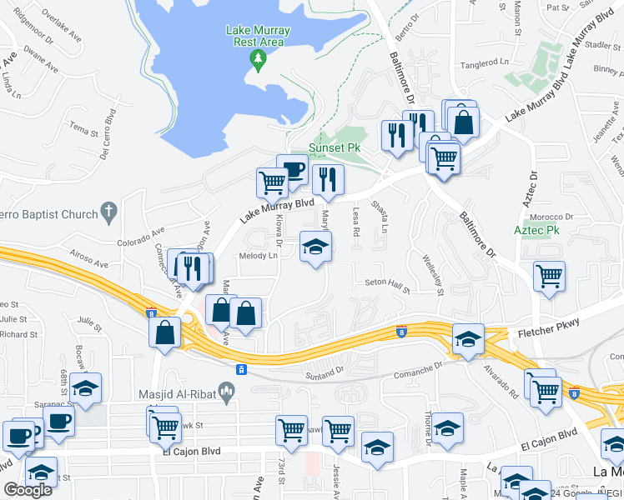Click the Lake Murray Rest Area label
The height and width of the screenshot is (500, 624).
point(258,37)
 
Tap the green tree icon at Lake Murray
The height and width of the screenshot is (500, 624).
point(259,57)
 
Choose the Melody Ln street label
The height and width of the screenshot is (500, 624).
point(258,256)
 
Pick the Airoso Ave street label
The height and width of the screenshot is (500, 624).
point(90,260)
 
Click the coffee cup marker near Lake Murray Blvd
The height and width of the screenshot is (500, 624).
point(292,171)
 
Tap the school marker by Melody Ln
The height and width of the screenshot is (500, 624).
point(315,247)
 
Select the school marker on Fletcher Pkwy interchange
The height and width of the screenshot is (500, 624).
point(468,338)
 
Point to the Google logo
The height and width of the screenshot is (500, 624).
point(28,490)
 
